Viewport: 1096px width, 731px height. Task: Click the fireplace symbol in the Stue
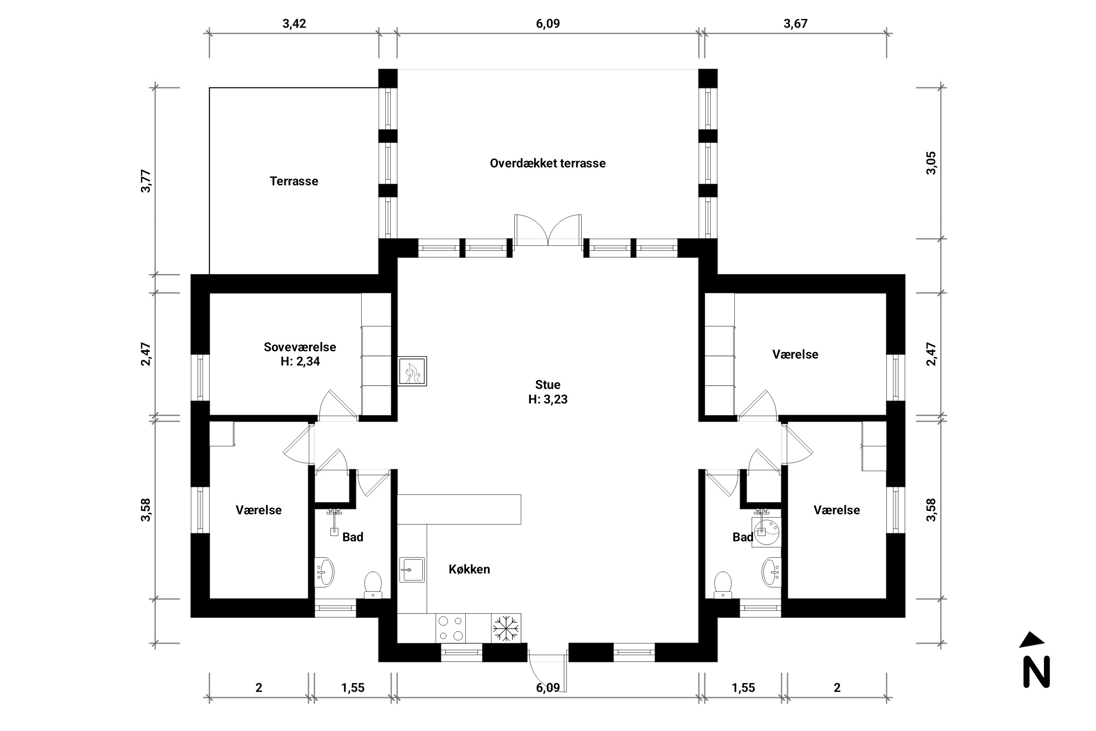412,371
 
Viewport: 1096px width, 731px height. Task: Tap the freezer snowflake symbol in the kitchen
506,628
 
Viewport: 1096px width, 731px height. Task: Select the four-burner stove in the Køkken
450,628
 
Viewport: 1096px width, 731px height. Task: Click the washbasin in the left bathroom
325,572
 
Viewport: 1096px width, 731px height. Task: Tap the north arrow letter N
1036,671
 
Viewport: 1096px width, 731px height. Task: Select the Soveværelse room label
300,347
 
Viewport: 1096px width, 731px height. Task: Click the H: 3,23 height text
548,399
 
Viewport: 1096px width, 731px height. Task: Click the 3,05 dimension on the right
931,163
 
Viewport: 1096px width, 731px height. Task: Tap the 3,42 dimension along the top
294,24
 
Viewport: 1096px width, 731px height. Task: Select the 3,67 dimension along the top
795,24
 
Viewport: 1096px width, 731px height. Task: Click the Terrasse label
294,181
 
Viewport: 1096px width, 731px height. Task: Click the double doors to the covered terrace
548,231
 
